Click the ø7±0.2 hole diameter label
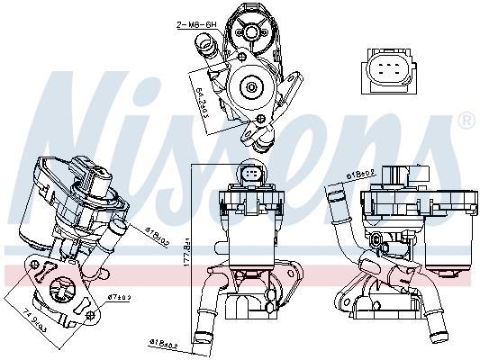click(119, 296)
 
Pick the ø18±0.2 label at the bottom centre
click(163, 344)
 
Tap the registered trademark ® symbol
click(466, 120)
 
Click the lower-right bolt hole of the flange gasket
click(89, 314)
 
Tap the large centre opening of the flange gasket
click(64, 291)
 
